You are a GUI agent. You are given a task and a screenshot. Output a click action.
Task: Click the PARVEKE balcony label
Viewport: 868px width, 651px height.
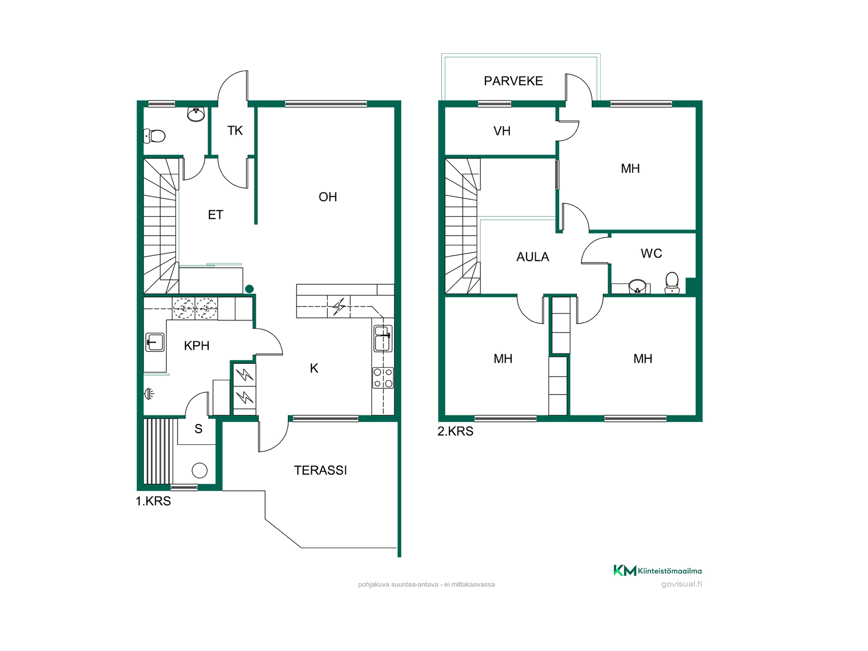click(x=513, y=81)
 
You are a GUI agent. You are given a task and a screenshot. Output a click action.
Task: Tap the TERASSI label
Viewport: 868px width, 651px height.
click(x=321, y=471)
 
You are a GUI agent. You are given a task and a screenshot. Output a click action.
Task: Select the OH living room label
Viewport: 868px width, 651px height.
click(x=328, y=197)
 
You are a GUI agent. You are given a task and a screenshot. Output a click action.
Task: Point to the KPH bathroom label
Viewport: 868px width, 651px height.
click(x=197, y=346)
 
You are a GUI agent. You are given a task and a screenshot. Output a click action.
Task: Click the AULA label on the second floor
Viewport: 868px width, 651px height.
click(x=533, y=257)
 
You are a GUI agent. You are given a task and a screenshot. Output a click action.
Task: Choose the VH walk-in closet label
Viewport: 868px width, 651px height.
click(x=502, y=131)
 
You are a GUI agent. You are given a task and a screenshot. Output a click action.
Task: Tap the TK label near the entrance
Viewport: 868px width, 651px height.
click(x=235, y=131)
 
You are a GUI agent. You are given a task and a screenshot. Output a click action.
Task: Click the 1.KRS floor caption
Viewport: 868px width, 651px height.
click(x=153, y=501)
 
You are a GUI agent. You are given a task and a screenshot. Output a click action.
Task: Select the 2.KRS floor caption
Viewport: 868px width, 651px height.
click(x=455, y=431)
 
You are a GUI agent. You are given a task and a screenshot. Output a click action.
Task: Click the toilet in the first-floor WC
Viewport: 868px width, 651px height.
click(x=155, y=136)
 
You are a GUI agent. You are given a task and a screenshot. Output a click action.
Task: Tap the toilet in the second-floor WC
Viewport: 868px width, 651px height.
click(x=672, y=283)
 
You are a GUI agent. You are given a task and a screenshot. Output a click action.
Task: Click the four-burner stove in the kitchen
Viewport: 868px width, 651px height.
click(x=383, y=378)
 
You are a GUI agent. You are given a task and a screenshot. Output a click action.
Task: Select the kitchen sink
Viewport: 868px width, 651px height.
click(x=383, y=338)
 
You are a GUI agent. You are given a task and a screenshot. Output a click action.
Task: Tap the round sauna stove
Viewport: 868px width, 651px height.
click(x=200, y=471)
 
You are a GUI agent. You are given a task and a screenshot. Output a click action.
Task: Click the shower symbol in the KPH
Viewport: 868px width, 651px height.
click(x=149, y=394)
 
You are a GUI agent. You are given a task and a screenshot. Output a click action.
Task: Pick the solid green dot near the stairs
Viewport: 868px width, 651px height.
click(x=249, y=289)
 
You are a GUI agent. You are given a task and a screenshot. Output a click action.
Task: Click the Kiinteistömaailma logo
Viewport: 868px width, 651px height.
click(x=657, y=571)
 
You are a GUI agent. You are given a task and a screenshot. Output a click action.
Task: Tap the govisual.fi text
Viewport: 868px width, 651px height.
click(x=681, y=584)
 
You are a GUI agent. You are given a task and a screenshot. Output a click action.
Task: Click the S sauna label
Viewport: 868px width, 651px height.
click(x=198, y=429)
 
